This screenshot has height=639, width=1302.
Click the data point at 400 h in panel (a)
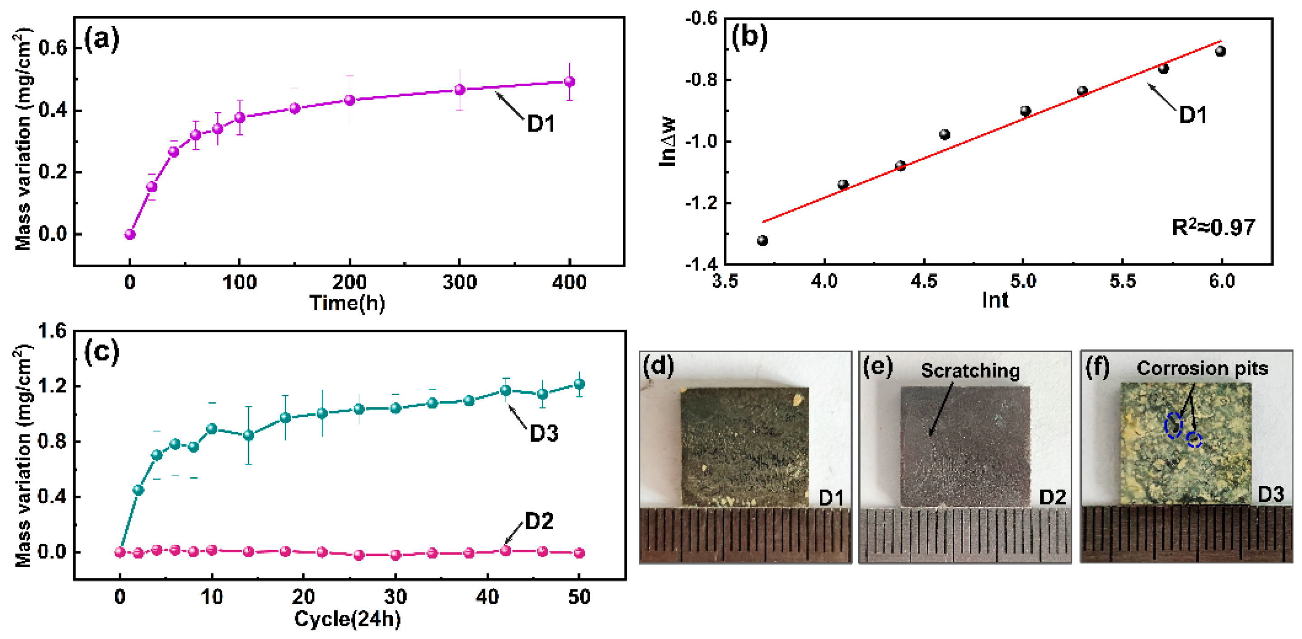[x=569, y=81]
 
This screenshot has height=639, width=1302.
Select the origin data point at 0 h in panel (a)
[x=130, y=234]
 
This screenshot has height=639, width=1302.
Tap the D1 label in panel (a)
[x=541, y=124]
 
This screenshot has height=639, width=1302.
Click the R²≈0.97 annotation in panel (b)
[x=1213, y=227]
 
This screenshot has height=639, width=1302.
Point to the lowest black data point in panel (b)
[x=763, y=240]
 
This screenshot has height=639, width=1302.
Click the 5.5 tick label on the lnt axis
[x=1123, y=281]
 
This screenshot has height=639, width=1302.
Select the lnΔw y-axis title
[x=667, y=141]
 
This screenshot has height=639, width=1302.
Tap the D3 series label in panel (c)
[x=543, y=434]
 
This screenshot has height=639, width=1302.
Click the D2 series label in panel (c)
[x=539, y=521]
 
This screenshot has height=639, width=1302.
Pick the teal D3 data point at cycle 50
[x=579, y=384]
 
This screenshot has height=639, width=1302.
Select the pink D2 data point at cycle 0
[x=120, y=552]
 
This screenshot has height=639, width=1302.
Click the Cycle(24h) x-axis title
[x=347, y=619]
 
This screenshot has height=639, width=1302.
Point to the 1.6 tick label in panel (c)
[x=52, y=331]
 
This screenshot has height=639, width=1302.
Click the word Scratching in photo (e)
[x=970, y=371]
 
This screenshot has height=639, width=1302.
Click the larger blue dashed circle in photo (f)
[x=1173, y=425]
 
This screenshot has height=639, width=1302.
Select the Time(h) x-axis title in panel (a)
[x=347, y=303]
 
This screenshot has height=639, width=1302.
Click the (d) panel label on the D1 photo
[x=658, y=365]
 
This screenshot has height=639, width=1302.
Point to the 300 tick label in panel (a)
[x=460, y=282]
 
